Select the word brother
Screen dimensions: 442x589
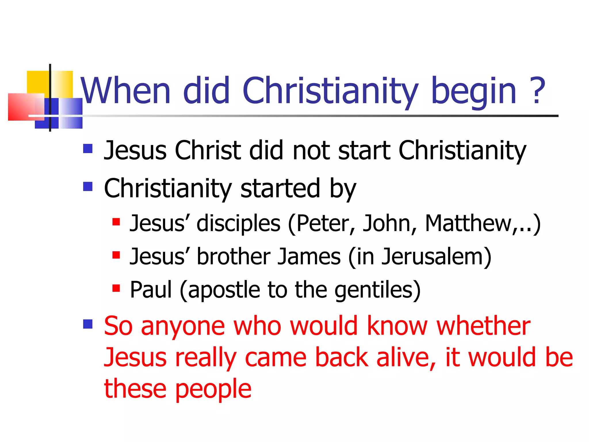coord(233,256)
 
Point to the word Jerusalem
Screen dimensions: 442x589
coord(433,256)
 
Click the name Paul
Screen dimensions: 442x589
coord(151,289)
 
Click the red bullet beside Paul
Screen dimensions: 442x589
coord(116,288)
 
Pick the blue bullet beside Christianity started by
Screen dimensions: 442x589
coord(88,186)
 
